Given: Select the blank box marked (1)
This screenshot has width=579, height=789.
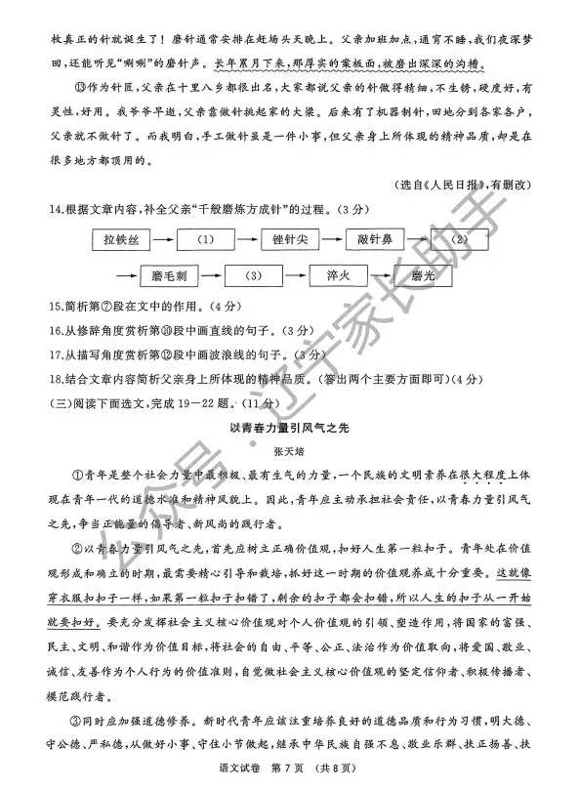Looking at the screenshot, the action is pyautogui.click(x=206, y=238).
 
